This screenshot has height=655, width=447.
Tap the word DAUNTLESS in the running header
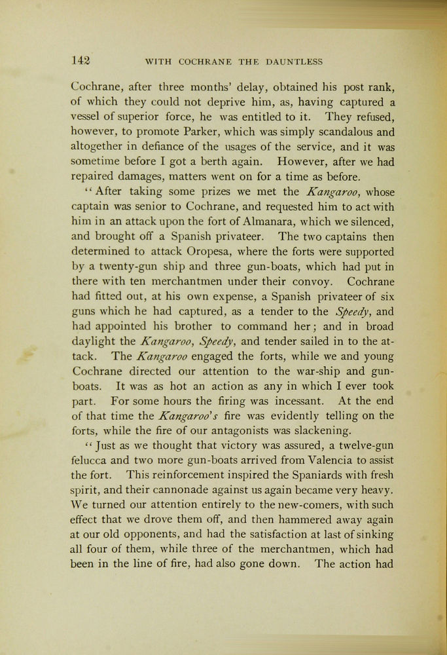[x=294, y=62]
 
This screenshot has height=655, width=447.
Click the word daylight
[x=92, y=341]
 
